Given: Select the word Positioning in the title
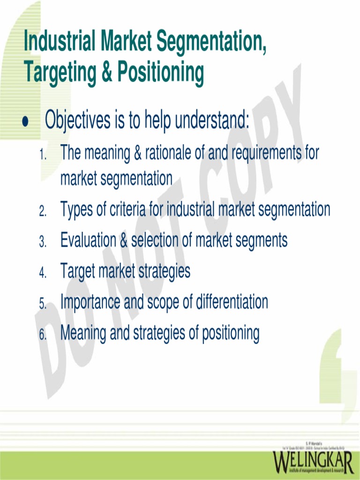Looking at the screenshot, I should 161,72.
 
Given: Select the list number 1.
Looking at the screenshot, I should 43,155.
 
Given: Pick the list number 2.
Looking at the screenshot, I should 43,212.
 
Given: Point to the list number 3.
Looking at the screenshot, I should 43,242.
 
